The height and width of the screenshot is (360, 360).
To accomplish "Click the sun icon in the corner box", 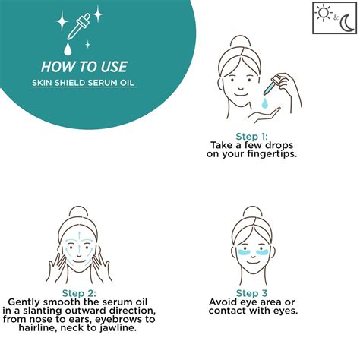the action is [324, 13].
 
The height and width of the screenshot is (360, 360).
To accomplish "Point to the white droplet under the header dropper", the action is [68, 49].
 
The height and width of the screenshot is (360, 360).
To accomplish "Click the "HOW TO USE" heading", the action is [84, 67].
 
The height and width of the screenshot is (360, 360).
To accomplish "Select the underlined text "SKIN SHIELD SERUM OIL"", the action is [83, 83].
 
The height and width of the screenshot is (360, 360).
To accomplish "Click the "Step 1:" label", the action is [251, 137].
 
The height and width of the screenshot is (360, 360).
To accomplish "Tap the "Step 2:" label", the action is [79, 293].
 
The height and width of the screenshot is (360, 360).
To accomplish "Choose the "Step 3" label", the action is [251, 293].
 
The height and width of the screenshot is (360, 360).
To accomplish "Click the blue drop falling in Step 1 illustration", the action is [265, 103].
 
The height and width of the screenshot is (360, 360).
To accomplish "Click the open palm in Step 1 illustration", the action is [264, 113].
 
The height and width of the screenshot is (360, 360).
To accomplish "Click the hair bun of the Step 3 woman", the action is [252, 212].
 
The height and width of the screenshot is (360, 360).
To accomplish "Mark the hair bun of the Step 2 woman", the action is [79, 212].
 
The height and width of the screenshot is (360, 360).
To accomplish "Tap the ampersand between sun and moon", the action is [336, 17].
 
